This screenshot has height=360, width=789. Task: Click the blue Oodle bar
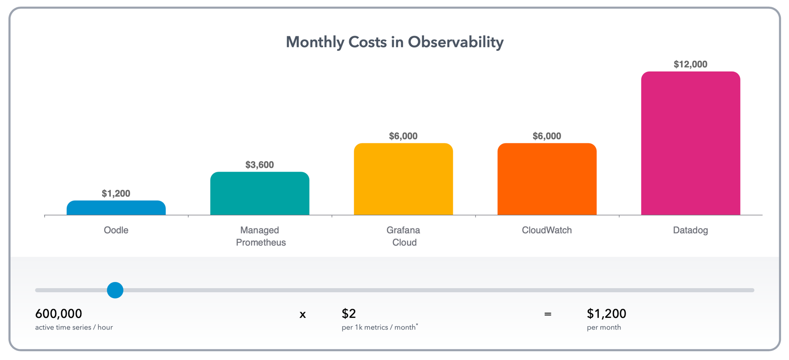click(116, 208)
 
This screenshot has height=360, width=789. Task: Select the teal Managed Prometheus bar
click(260, 194)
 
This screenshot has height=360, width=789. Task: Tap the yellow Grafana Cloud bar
click(403, 179)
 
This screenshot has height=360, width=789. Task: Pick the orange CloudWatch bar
click(547, 179)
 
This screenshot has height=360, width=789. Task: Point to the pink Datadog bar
click(690, 144)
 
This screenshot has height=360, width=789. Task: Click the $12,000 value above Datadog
click(690, 64)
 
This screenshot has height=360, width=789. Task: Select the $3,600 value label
click(260, 165)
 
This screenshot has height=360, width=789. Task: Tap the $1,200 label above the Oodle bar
click(116, 194)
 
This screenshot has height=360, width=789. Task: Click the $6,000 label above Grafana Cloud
click(403, 136)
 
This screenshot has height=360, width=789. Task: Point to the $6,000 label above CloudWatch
click(547, 136)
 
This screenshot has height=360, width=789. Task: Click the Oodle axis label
click(116, 230)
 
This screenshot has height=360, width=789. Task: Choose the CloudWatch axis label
click(547, 230)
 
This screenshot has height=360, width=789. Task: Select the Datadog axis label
click(690, 230)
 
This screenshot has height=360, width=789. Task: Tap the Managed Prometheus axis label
click(260, 236)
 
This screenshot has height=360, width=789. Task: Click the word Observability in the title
click(456, 42)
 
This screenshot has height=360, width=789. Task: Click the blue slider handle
click(115, 290)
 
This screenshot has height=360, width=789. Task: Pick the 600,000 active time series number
click(59, 314)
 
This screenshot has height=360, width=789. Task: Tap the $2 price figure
click(349, 314)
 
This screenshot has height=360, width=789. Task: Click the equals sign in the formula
click(548, 314)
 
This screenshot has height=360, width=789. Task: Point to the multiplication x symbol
click(303, 315)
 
